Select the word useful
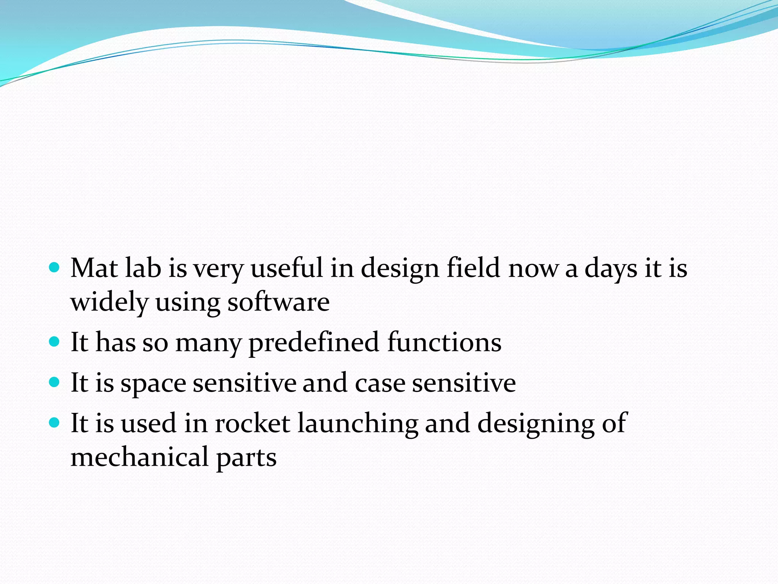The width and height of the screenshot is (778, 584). (x=286, y=268)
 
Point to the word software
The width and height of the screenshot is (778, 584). (x=278, y=303)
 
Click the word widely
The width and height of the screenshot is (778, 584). (x=109, y=303)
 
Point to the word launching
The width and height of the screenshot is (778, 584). (x=358, y=424)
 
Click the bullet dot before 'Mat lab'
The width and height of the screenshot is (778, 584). (x=55, y=268)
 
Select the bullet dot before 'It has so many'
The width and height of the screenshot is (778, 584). (x=55, y=341)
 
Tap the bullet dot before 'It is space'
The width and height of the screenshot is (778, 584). (x=55, y=382)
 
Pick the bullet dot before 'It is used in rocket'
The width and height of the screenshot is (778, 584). (x=55, y=422)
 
